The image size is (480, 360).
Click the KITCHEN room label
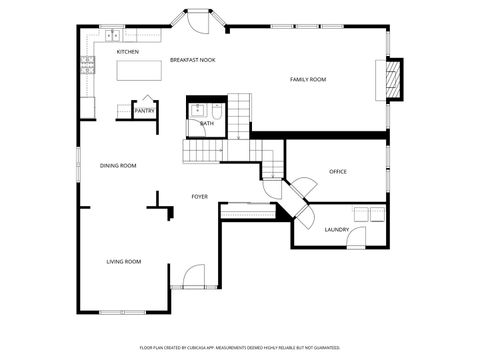click(x=127, y=51)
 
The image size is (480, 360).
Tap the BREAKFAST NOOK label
click(x=192, y=60)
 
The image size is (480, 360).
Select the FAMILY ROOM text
click(x=308, y=79)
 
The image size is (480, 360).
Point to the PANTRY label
click(x=144, y=111)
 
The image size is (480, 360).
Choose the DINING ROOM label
click(x=118, y=165)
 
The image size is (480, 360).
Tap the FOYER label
click(x=200, y=196)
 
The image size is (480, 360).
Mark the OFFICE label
click(x=338, y=172)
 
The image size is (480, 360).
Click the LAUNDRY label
click(x=336, y=230)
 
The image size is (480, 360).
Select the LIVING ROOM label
click(x=124, y=261)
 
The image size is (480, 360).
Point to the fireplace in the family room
click(x=393, y=78)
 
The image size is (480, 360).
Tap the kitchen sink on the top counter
click(x=109, y=36)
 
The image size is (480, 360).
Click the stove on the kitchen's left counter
click(x=88, y=65)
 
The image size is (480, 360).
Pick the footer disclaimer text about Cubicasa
click(x=240, y=347)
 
